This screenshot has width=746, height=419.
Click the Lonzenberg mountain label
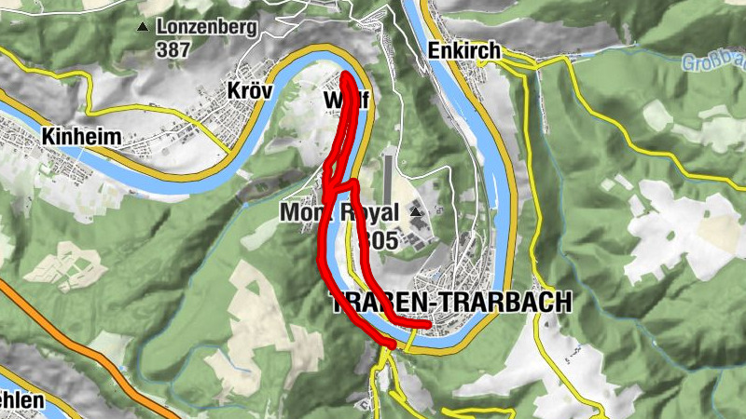pyautogui.click(x=206, y=27)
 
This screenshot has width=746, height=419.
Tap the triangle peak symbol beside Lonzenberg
pyautogui.click(x=143, y=27)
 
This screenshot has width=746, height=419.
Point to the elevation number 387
pyautogui.click(x=173, y=48)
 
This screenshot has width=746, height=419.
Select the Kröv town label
pyautogui.click(x=250, y=90)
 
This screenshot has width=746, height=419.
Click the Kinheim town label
pyautogui.click(x=81, y=137)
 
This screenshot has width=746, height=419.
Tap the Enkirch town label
pyautogui.click(x=463, y=50)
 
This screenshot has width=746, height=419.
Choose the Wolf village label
pyautogui.click(x=344, y=100)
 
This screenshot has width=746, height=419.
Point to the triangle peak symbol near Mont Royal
pyautogui.click(x=415, y=213)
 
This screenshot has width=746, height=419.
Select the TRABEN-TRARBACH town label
pyautogui.click(x=451, y=303)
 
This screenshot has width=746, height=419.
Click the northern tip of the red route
pyautogui.click(x=346, y=76)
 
